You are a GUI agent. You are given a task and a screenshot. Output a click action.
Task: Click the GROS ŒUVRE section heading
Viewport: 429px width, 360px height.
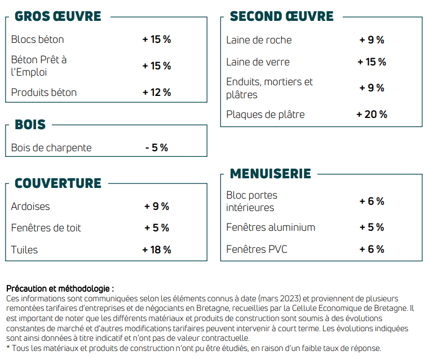coord(58,16)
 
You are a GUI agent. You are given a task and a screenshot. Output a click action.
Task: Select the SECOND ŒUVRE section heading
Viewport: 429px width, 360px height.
coord(281,16)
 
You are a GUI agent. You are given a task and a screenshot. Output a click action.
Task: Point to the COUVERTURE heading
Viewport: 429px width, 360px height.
coord(58,183)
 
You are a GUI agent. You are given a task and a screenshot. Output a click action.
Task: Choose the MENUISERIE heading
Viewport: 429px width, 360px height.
coord(270,173)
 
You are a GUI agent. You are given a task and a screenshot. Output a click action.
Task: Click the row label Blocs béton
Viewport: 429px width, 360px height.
coord(38,39)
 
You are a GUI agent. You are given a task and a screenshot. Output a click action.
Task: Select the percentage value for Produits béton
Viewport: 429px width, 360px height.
coord(156,93)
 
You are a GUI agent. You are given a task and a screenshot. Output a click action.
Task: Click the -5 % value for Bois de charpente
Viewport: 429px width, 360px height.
coord(156,148)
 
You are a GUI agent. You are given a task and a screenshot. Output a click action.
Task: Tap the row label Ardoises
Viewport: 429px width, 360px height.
coord(30,207)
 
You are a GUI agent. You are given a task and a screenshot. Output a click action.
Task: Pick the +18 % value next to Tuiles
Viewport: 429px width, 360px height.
coord(156,249)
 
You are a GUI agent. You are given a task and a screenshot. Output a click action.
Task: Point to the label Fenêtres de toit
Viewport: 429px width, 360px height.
coord(46,228)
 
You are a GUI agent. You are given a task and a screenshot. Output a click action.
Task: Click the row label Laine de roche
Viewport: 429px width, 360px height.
coord(259,40)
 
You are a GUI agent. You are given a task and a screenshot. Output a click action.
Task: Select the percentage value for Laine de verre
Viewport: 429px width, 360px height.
coord(371,62)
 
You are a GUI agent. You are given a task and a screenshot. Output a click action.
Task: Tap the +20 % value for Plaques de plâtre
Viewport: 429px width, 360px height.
coord(371,115)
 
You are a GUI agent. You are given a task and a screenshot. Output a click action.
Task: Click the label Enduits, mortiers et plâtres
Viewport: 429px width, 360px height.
coord(269,88)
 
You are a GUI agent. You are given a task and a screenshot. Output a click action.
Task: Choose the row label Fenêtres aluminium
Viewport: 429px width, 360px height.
coord(271,227)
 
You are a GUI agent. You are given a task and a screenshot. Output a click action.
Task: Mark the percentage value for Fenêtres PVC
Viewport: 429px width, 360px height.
coord(371,249)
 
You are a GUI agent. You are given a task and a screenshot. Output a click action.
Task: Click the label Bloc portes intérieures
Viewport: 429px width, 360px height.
coord(251,201)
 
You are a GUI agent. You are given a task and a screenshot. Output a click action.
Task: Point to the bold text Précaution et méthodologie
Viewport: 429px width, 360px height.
coord(60,288)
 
